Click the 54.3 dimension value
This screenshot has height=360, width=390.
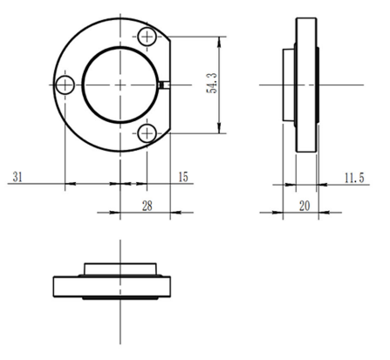pos(211,85)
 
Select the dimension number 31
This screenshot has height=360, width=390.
pos(17,177)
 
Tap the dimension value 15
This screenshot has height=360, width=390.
pos(182,177)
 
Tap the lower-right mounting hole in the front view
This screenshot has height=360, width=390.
pos(147,133)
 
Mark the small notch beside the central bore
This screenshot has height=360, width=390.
pos(164,85)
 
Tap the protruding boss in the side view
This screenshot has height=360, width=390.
pos(288,85)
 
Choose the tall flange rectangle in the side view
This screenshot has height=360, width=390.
pos(306,85)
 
